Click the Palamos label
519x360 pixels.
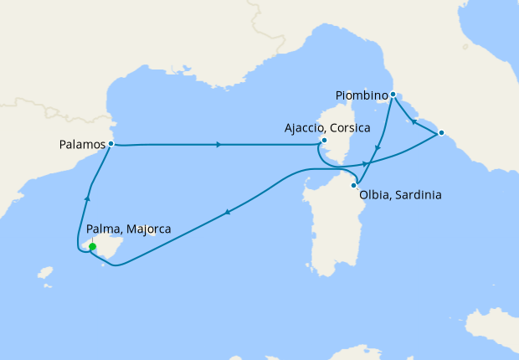point(82,144)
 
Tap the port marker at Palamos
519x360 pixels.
point(111,144)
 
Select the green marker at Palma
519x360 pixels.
point(92,247)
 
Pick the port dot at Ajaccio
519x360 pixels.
point(324,141)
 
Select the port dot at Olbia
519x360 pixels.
point(354,185)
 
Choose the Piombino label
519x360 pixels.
point(362,95)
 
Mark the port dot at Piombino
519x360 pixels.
point(393,95)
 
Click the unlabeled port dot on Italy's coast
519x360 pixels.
point(442,133)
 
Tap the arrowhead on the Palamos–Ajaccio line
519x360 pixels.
point(218,145)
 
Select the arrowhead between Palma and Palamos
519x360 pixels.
point(87,198)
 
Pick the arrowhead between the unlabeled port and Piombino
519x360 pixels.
point(412,121)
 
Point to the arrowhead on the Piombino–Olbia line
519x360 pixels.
point(378,149)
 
